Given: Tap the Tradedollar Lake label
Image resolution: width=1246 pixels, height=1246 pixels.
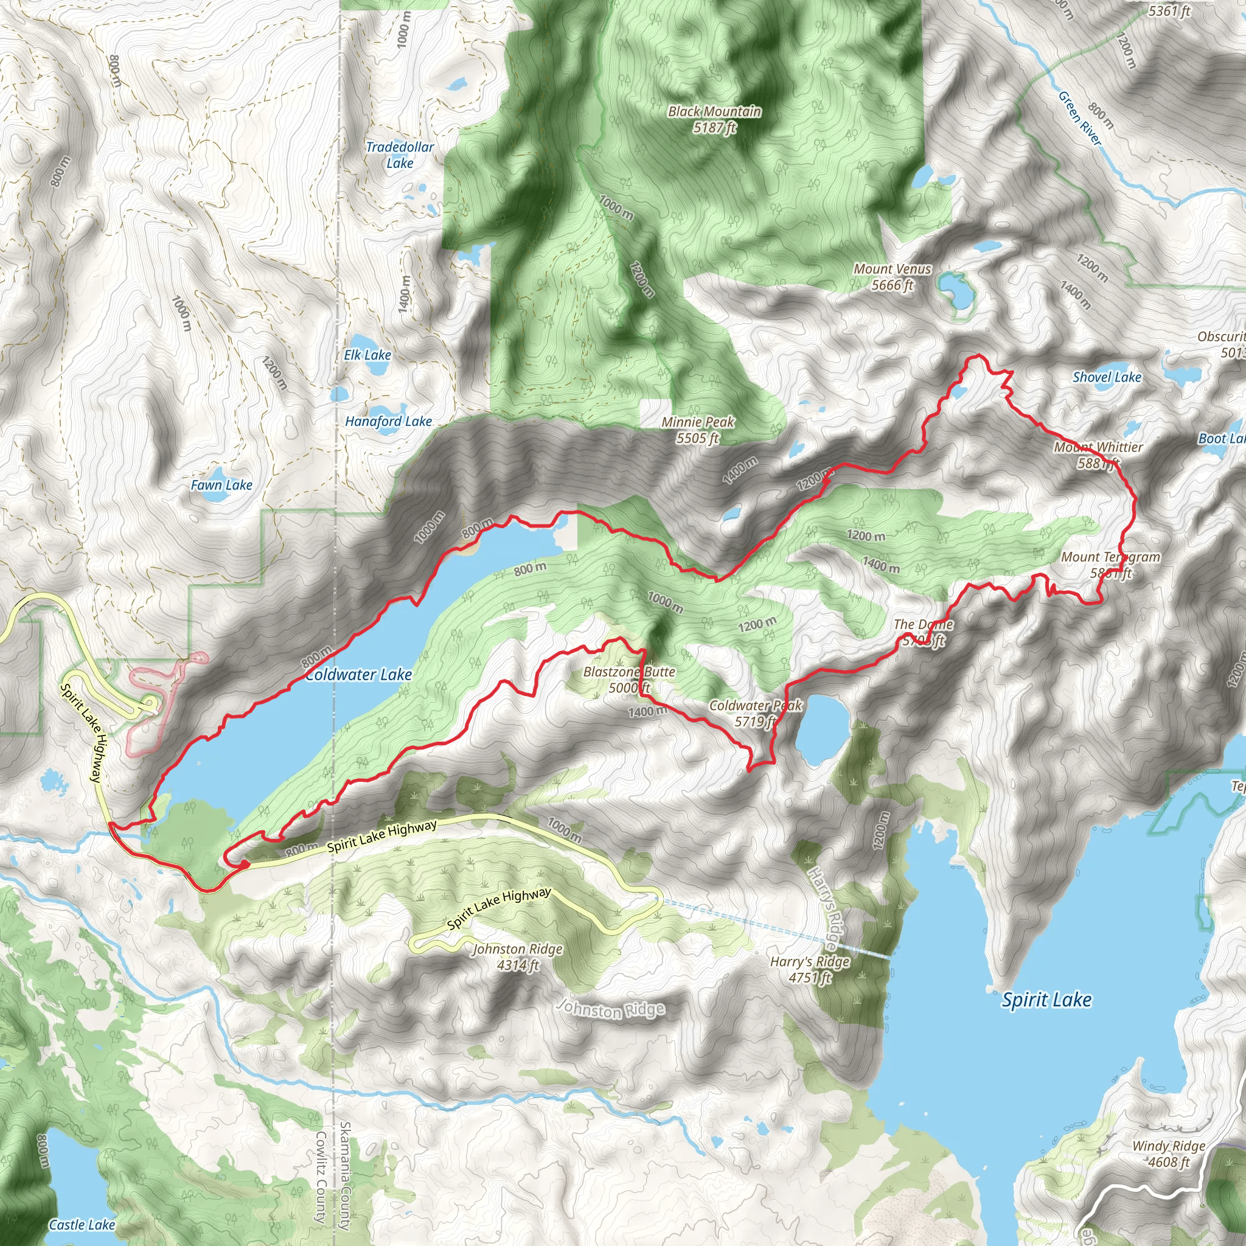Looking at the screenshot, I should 400,155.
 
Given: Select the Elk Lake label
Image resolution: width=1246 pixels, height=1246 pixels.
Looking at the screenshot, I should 367,355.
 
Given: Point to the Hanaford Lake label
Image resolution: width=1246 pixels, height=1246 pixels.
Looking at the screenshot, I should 388,421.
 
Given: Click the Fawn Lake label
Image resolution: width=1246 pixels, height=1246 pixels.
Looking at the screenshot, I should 221,485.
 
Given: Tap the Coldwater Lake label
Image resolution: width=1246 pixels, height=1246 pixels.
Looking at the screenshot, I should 358,675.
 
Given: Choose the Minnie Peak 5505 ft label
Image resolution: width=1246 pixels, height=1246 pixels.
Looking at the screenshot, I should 698,430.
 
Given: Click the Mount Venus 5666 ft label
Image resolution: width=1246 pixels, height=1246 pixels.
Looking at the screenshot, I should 893,277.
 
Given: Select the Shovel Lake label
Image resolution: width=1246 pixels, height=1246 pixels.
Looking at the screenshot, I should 1107,377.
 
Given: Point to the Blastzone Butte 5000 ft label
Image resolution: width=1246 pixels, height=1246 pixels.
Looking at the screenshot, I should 629,680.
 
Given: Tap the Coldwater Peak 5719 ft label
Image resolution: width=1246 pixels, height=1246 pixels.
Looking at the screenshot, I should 755,713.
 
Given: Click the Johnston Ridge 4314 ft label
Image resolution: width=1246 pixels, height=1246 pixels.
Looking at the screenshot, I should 518,957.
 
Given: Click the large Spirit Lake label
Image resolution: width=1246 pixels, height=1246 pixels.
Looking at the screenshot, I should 1046,1000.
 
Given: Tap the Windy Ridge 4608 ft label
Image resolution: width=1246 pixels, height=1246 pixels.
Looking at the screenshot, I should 1169,1154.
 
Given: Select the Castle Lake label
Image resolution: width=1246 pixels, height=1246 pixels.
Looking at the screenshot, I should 82,1225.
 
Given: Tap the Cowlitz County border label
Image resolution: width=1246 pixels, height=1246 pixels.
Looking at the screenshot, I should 321,1177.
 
